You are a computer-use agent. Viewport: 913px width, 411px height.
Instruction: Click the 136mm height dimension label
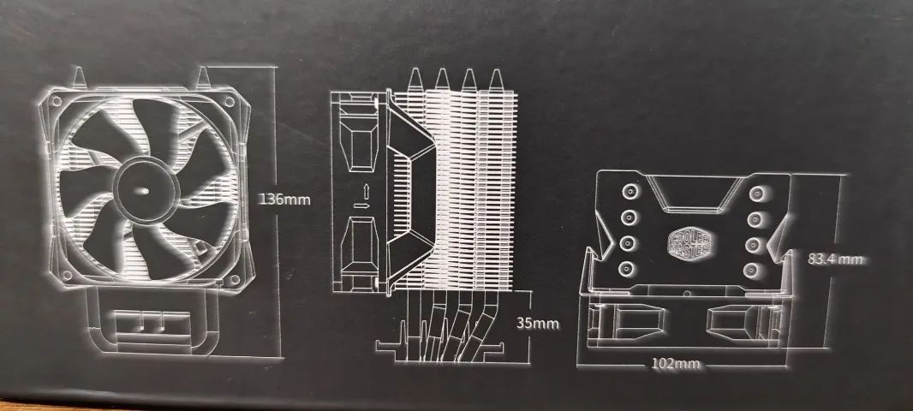point(284,200)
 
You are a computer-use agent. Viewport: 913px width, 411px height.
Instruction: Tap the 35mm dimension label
point(537,323)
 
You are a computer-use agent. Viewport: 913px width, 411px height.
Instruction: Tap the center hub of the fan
point(143,189)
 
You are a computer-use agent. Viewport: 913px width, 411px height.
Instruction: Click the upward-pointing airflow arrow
point(366,190)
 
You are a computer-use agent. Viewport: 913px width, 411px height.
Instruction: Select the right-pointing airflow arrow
point(362,205)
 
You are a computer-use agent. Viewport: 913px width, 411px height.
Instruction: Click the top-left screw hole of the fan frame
point(57,101)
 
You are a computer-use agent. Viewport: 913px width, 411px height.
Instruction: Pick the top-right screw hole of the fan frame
point(230,101)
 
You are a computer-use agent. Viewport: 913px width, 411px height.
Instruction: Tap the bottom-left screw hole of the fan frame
point(66,274)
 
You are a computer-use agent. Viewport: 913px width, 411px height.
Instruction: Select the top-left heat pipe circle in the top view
point(630,192)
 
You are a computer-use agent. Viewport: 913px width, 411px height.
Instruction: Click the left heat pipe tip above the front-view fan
point(79,77)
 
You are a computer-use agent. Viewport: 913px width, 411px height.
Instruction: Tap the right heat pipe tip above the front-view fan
point(204,77)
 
